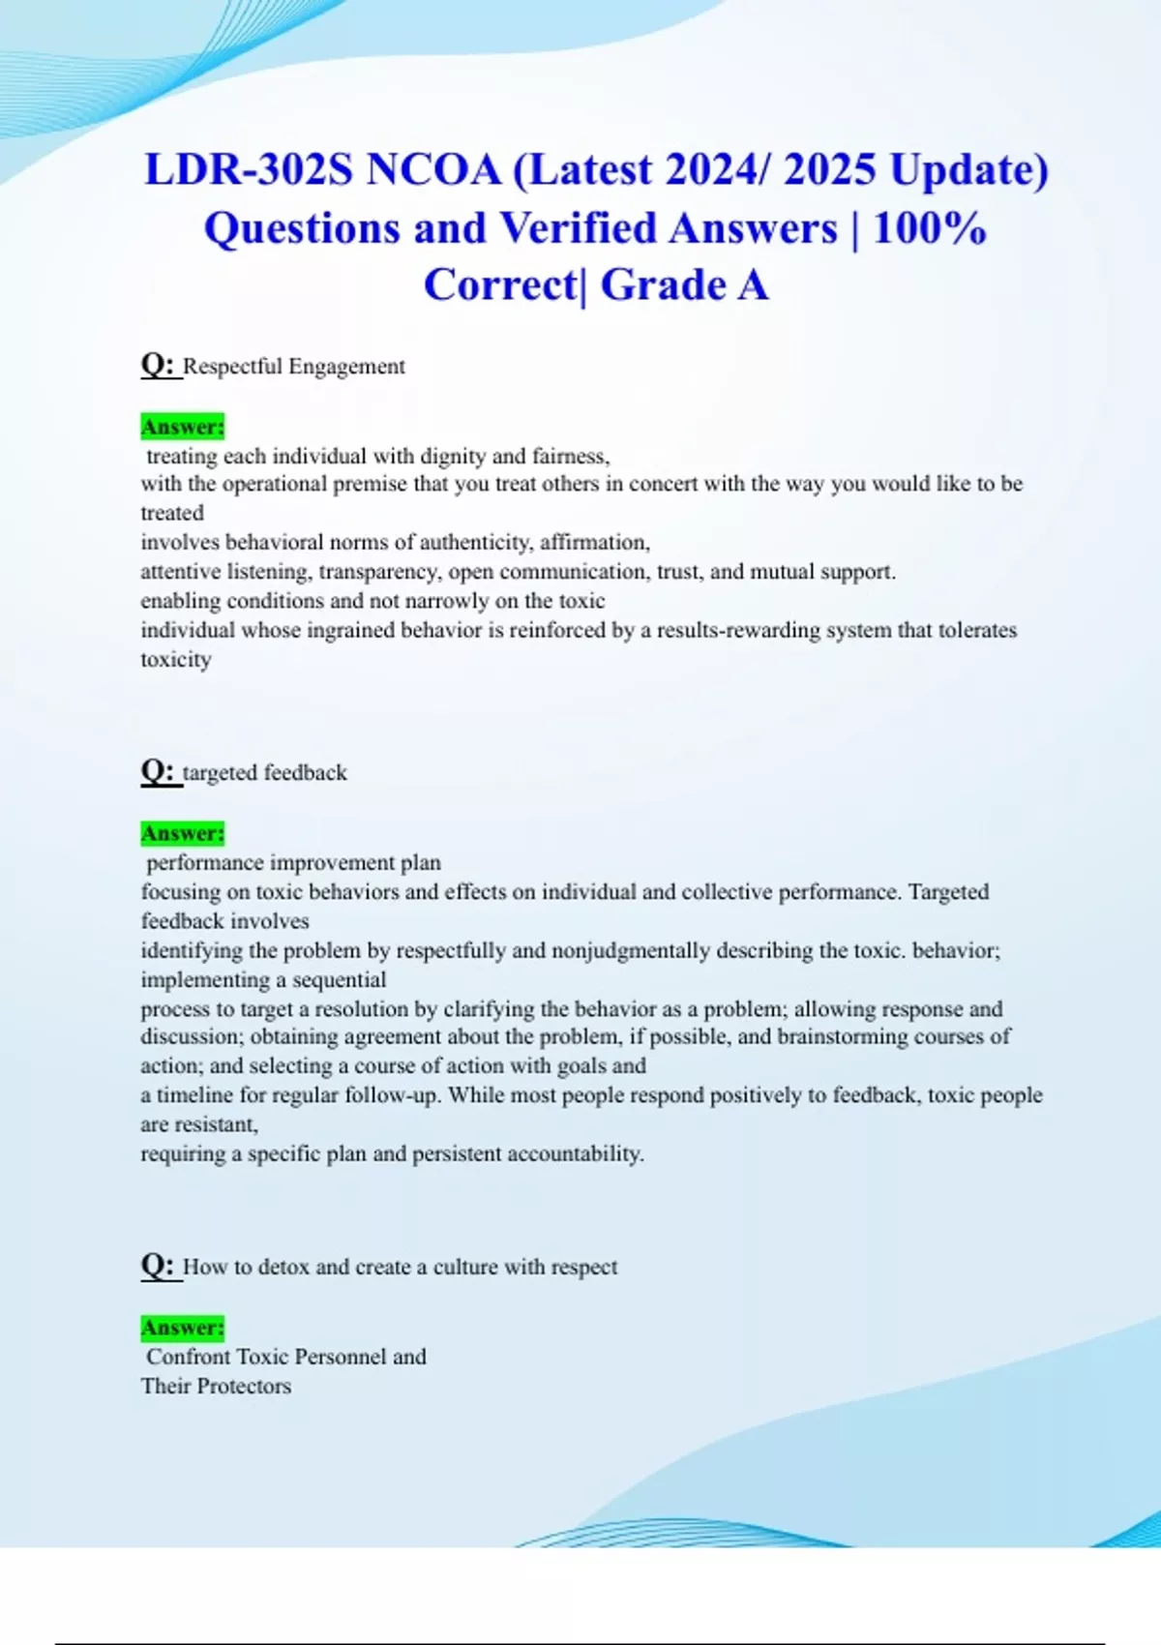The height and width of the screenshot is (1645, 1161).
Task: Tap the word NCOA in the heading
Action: click(433, 170)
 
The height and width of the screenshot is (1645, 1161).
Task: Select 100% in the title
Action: click(929, 228)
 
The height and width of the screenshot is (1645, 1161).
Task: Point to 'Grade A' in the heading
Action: click(684, 285)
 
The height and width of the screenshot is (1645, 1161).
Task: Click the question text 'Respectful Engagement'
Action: click(294, 367)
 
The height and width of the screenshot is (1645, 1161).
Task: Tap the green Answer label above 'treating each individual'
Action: click(182, 427)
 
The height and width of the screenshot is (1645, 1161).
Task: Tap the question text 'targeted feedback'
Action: click(265, 773)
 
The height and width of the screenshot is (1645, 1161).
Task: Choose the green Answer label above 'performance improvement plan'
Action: click(182, 833)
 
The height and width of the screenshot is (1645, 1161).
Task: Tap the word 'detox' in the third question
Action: click(283, 1268)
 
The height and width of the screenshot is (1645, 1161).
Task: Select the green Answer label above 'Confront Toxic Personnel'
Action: click(182, 1328)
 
